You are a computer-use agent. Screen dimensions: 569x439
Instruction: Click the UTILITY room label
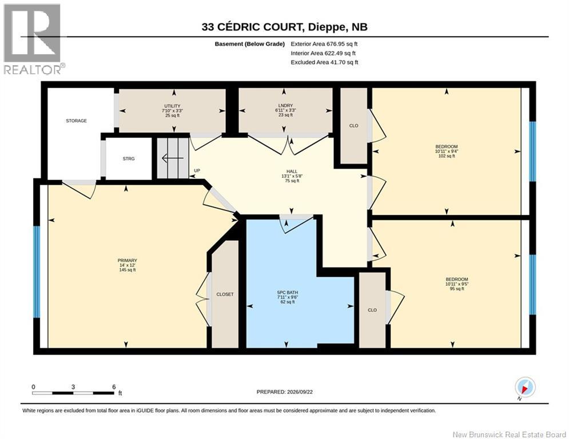coord(172,106)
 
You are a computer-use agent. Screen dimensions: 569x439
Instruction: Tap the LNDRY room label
coord(285,106)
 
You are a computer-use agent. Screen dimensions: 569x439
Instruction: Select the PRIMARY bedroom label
coord(127,261)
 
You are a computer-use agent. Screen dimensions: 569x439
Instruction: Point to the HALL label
coord(292,171)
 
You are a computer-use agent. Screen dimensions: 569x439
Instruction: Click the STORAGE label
coord(76,121)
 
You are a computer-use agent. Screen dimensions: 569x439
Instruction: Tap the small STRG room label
coord(129,158)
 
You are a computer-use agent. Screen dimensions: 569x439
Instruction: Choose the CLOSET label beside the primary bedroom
coord(225,294)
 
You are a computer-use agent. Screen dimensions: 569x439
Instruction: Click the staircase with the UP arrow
coord(173,158)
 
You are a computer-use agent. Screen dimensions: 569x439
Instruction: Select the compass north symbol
coord(525,388)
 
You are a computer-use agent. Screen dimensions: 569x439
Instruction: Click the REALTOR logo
coord(33,39)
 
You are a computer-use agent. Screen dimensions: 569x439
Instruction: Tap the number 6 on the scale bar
coord(114,387)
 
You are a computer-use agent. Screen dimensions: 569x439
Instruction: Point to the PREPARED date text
coord(285,392)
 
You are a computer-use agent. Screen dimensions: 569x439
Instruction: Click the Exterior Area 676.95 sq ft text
coord(324,44)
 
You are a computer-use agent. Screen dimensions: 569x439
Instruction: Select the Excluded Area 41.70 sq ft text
coord(324,62)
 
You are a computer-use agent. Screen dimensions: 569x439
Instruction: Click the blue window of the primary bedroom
coord(36,272)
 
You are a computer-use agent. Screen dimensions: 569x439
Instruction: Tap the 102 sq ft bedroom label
coord(447,156)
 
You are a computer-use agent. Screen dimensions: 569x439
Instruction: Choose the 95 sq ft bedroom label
coord(457,289)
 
